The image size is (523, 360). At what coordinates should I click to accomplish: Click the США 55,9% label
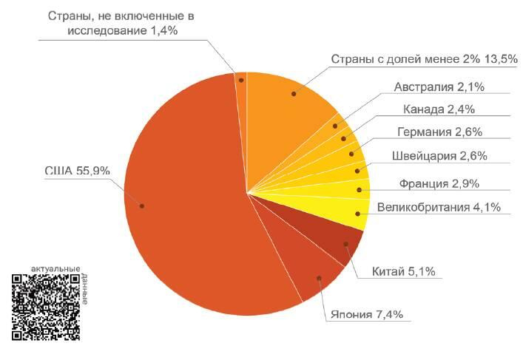(x=77, y=171)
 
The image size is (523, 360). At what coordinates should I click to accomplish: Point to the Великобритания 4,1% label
(x=438, y=208)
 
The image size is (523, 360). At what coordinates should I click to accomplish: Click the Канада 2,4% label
(x=439, y=110)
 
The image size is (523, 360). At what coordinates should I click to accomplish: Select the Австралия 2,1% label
(x=439, y=87)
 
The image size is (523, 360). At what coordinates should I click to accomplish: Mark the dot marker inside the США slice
(x=141, y=205)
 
